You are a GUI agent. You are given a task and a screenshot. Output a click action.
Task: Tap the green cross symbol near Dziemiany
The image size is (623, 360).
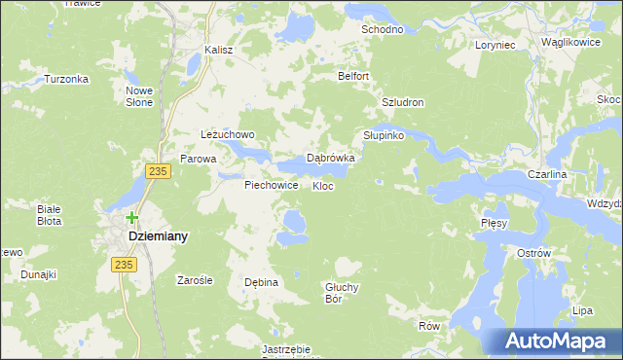[x=131, y=218]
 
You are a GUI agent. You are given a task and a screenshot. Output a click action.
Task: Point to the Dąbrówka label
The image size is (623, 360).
[x=331, y=157]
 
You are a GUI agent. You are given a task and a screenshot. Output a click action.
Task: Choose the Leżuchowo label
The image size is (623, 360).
[x=227, y=134]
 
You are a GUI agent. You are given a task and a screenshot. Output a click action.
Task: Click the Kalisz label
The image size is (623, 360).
[x=220, y=50]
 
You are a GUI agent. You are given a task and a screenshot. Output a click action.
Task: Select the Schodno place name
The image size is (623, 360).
[x=382, y=30]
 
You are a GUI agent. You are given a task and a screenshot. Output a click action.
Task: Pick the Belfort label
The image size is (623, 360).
[x=354, y=76]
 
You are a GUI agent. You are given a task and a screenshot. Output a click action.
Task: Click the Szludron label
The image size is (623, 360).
[x=403, y=102]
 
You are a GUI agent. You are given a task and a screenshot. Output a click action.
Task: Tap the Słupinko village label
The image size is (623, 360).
[x=384, y=135]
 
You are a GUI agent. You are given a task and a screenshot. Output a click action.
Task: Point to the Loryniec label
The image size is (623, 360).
[x=495, y=45]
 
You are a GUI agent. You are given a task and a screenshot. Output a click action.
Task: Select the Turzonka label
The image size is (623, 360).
[x=66, y=79]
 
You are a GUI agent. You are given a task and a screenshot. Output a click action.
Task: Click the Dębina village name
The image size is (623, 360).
[x=261, y=282]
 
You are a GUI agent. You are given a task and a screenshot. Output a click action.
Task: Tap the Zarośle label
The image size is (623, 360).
[x=194, y=280]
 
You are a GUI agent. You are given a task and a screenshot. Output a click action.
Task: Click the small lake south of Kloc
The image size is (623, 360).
[x=291, y=226]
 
